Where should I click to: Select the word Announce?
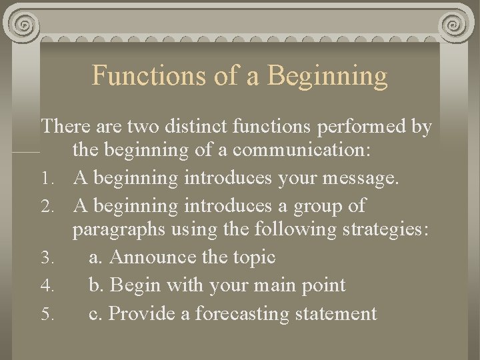[151, 257]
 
